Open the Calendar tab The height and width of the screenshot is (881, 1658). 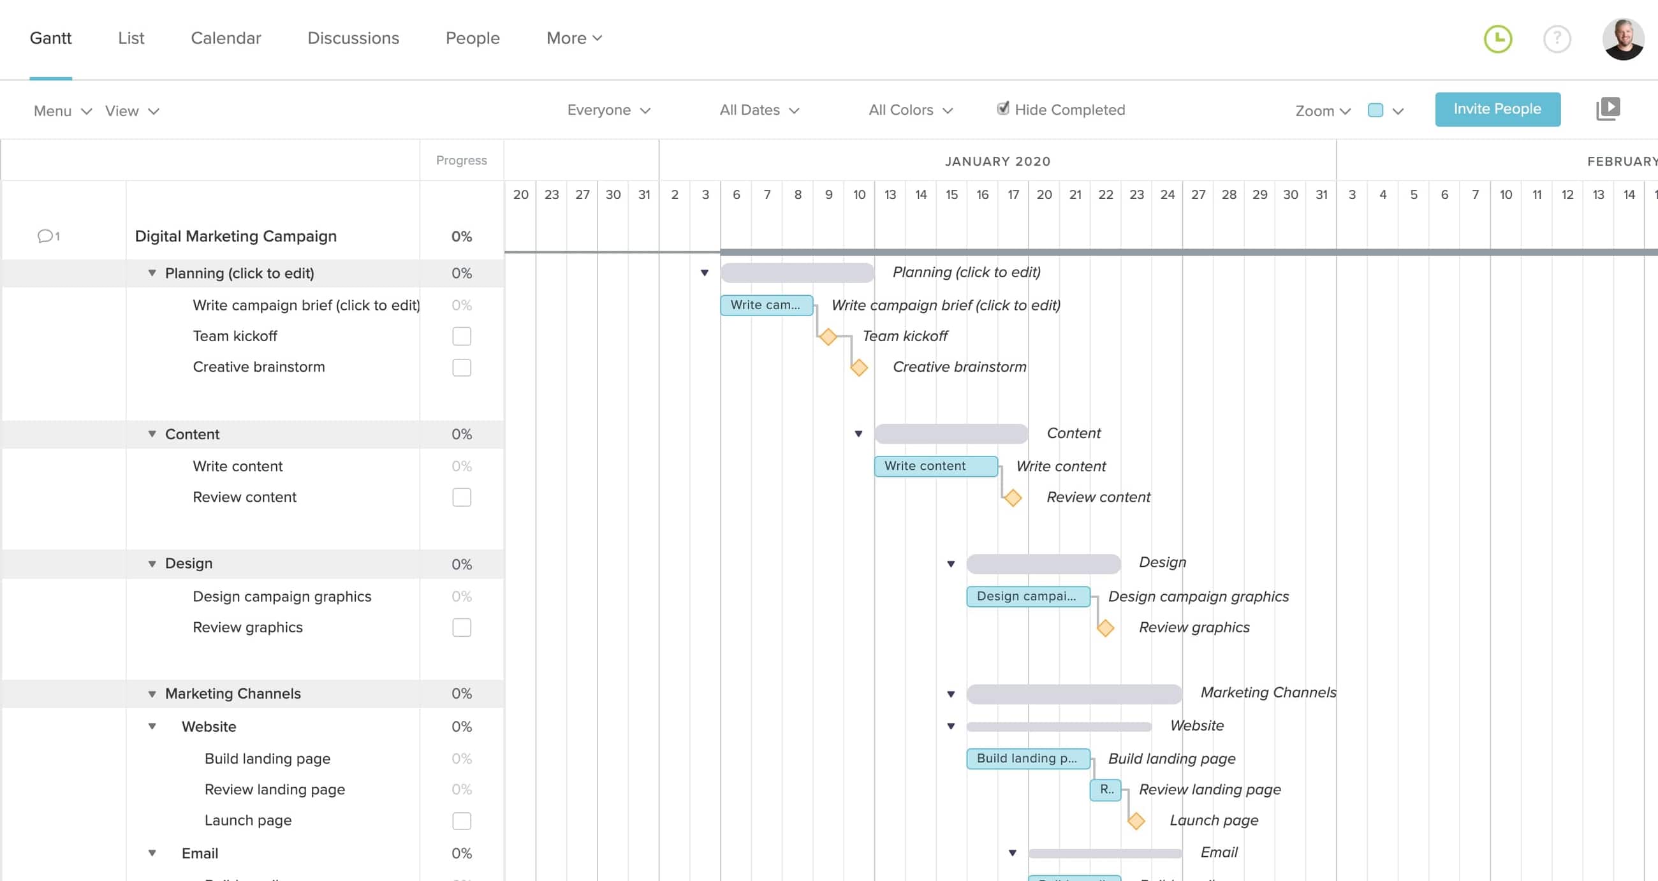[x=225, y=38]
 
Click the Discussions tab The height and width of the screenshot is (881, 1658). [x=353, y=38]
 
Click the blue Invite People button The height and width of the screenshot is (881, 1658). [x=1497, y=109]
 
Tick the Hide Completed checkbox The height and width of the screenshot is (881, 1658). [x=1002, y=109]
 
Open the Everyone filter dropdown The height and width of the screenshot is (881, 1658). [x=608, y=110]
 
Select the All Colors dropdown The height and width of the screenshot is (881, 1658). [x=909, y=110]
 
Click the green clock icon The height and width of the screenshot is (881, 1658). [x=1497, y=40]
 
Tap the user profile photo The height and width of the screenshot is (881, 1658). [x=1622, y=40]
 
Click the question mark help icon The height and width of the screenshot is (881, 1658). [x=1557, y=40]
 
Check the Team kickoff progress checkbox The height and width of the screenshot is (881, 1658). [x=461, y=337]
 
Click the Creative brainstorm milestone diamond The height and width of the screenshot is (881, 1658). [x=858, y=367]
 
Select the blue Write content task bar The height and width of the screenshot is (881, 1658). [x=935, y=466]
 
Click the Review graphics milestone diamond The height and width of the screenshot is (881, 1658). [x=1105, y=627]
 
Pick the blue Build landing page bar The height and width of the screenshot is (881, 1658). [x=1027, y=758]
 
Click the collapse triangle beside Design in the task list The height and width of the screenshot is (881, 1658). [x=152, y=564]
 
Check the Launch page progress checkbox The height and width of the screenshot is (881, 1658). [x=461, y=820]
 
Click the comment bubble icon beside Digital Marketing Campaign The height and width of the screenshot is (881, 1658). [x=45, y=236]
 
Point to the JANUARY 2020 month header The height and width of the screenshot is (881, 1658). [x=997, y=161]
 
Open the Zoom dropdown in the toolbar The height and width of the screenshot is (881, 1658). [x=1322, y=111]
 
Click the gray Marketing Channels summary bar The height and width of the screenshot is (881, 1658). [x=1074, y=694]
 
